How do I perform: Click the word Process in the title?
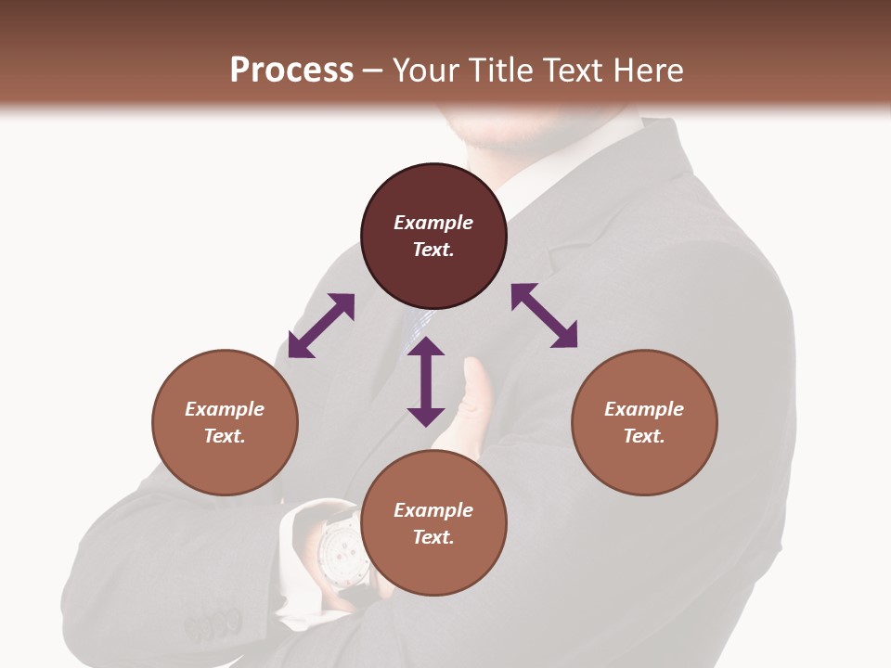291,71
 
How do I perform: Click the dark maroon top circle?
433,236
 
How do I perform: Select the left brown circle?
225,422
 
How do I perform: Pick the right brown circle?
644,422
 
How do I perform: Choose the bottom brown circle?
433,522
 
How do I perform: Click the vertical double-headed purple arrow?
426,381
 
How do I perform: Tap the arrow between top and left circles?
321,326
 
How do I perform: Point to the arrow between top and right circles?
544,315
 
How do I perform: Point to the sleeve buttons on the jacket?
213,627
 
